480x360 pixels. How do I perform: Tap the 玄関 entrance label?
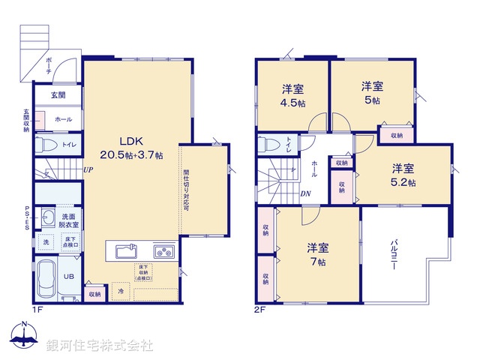point(58,95)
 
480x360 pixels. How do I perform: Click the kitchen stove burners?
point(163,250)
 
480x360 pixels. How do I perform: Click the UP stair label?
point(88,170)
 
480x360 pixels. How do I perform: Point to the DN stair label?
point(306,193)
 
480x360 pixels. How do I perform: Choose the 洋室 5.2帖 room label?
point(403,175)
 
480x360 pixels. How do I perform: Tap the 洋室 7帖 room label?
point(316,254)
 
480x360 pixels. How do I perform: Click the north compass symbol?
point(24,337)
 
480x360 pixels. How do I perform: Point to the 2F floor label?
point(260,309)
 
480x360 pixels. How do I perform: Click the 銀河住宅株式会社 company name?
point(100,345)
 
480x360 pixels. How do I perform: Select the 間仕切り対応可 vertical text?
point(186,191)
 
